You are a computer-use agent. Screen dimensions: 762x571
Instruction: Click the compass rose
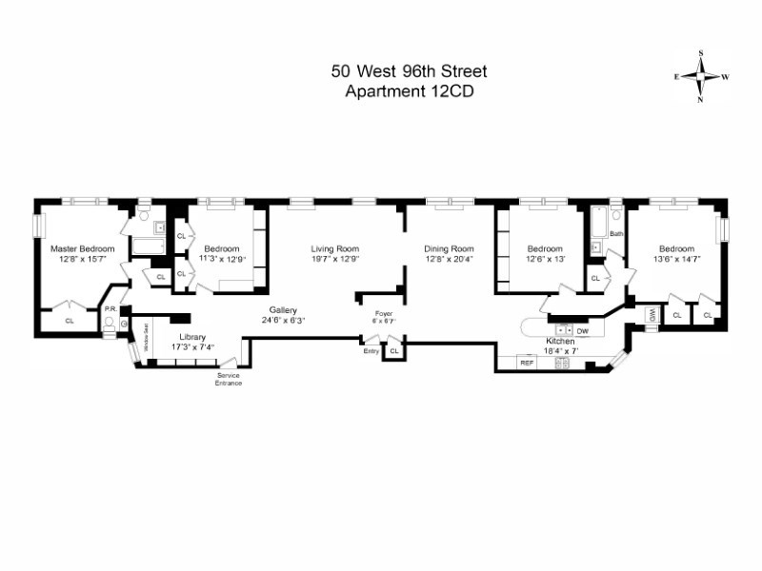coord(701,75)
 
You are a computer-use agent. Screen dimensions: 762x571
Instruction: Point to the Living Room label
coord(333,249)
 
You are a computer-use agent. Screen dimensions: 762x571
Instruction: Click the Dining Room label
coord(449,249)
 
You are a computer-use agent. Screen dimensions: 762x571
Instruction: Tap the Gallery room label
coord(283,310)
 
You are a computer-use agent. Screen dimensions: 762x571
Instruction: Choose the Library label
coord(191,337)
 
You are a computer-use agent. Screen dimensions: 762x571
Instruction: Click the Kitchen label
coord(559,341)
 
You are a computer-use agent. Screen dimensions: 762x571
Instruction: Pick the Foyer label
coord(384,312)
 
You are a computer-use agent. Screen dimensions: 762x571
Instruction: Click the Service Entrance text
coord(229,379)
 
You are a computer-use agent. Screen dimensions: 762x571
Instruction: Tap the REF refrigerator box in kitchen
coord(526,362)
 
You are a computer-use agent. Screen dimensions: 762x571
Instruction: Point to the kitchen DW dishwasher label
coord(582,330)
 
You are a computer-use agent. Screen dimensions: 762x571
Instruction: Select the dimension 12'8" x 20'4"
coord(449,259)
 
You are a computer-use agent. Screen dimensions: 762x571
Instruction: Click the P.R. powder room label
coord(110,309)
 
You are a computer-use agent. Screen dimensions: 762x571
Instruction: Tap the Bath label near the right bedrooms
coord(616,233)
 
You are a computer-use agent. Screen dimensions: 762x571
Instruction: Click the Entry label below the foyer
coord(371,351)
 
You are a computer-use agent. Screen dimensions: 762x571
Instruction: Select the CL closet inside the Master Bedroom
coord(70,321)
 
